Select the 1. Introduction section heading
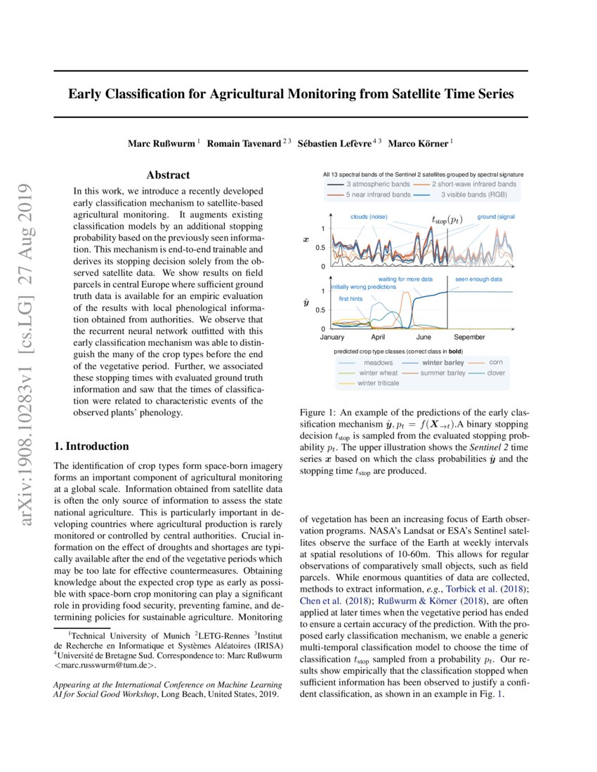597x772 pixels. pos(91,446)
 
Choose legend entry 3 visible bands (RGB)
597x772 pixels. pos(471,194)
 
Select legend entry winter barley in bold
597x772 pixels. pos(442,363)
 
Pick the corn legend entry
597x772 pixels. pos(495,363)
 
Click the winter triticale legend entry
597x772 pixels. pos(379,383)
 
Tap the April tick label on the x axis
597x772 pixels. pos(379,337)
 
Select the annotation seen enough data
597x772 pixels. pos(478,279)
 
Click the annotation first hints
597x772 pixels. pos(351,299)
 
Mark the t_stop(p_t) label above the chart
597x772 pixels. pos(447,220)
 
